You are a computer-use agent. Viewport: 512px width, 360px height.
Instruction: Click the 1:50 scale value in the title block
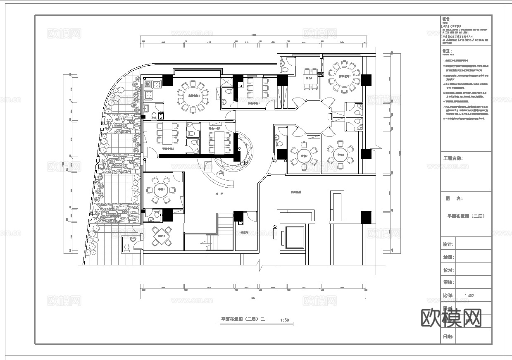[x=469, y=296]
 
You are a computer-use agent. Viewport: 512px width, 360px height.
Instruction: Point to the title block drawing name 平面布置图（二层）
[x=466, y=216]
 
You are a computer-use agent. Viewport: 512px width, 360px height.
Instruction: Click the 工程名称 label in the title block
[x=452, y=158]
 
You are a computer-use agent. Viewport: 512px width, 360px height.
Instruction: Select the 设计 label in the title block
[x=448, y=244]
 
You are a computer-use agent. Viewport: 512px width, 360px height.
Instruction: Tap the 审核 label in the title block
[x=448, y=282]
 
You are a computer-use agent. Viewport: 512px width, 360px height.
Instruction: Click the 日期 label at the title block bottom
[x=448, y=337]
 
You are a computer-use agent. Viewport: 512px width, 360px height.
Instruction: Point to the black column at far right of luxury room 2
[x=366, y=80]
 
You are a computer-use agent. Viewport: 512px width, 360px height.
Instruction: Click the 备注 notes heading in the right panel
[x=447, y=51]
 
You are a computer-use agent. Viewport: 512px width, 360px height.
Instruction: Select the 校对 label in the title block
[x=448, y=270]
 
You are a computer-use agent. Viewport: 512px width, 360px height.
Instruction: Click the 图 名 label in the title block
[x=454, y=198]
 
